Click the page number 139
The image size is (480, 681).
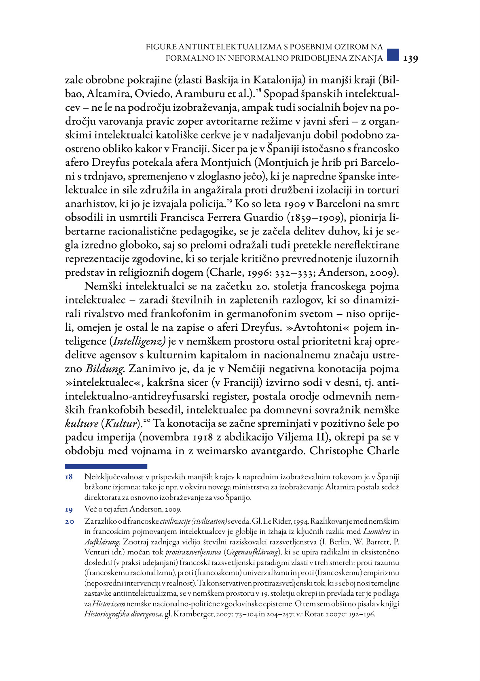pos(410,58)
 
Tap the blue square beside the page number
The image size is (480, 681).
pos(393,55)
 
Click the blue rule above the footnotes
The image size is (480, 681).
pos(106,466)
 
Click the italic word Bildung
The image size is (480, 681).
pos(104,369)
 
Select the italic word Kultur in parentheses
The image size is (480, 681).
pos(121,424)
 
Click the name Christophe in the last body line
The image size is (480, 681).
pos(336,451)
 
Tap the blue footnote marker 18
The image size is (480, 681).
pos(69,478)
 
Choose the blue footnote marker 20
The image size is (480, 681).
pos(69,522)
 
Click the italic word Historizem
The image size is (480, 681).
pos(108,604)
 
